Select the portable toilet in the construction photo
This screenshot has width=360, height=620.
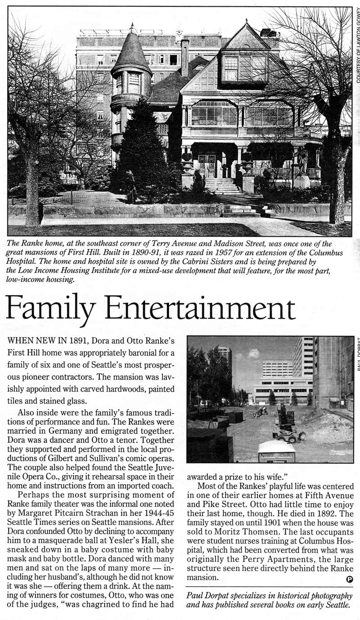pos(276,451)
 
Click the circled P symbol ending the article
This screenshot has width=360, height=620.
pos(350,579)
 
